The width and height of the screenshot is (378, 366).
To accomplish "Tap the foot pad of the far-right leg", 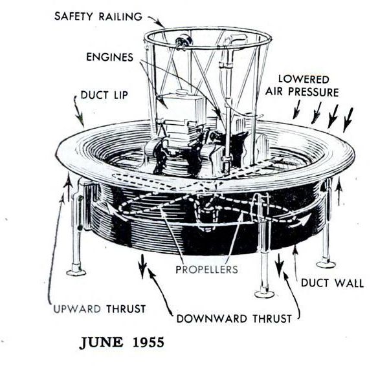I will pos(326,263).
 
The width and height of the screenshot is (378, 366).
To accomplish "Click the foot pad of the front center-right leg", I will pos(264,294).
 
